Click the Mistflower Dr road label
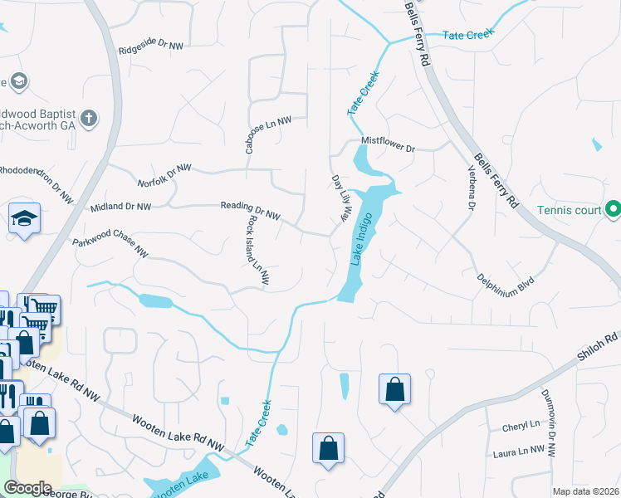tap(387, 144)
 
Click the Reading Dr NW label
tap(251, 211)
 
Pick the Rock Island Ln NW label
tap(257, 251)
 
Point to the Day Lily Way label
tap(339, 198)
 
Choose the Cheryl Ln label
tap(521, 426)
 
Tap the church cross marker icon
tap(90, 118)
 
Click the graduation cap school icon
tap(24, 219)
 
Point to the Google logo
tap(28, 488)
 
